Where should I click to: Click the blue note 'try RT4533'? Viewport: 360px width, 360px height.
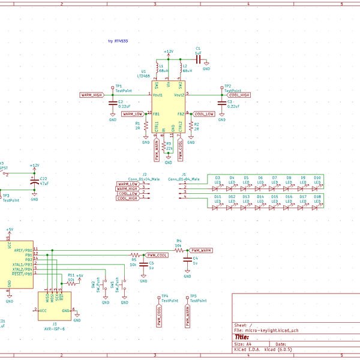(x=118, y=41)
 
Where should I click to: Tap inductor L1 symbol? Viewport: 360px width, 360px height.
(x=157, y=68)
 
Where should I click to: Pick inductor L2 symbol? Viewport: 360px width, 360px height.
(x=179, y=68)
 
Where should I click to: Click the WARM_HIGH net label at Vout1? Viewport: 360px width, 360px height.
(x=92, y=95)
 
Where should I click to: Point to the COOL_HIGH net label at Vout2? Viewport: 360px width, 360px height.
(x=238, y=95)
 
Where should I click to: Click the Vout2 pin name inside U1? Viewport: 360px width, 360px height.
(x=178, y=95)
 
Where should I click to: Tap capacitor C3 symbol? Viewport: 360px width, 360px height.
(x=223, y=103)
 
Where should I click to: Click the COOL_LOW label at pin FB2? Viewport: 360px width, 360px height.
(x=203, y=113)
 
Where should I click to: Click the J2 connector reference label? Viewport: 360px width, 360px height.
(x=145, y=174)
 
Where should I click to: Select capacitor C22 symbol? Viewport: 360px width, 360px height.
(x=34, y=181)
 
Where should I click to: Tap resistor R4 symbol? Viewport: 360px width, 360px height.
(x=178, y=250)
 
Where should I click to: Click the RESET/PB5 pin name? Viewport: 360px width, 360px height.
(x=20, y=274)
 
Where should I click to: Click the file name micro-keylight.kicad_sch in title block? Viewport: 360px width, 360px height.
(x=272, y=331)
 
